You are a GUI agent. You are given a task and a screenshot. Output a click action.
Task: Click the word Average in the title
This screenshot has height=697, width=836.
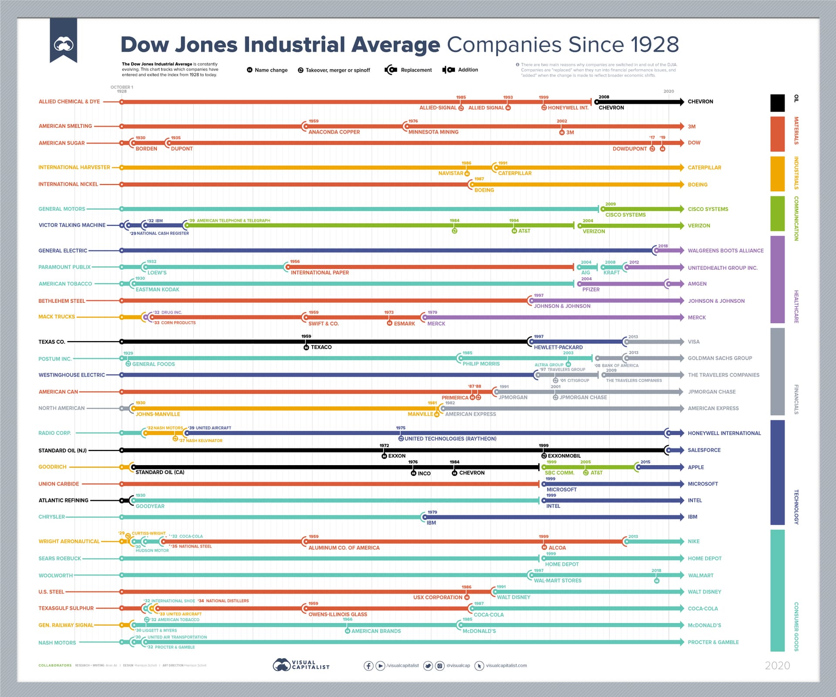(x=396, y=45)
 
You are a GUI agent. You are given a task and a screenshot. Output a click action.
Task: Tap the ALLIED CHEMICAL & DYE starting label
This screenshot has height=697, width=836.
(x=69, y=102)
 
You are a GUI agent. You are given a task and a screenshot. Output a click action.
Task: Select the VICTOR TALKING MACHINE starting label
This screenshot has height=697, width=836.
(x=72, y=225)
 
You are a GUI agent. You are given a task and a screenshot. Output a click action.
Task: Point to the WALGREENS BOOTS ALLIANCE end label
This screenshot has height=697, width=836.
(x=725, y=251)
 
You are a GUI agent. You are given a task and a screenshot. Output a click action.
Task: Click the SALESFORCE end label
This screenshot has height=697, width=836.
(x=704, y=450)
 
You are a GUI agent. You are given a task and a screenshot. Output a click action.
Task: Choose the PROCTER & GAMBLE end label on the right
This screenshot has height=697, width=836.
(x=713, y=642)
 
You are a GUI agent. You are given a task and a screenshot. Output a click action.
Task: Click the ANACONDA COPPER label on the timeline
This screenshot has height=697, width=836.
(x=334, y=132)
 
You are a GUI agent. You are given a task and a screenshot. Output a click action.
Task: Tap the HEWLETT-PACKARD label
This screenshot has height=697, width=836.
(x=558, y=348)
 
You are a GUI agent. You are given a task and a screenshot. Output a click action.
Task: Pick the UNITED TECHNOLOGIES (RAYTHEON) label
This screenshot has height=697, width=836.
(x=450, y=439)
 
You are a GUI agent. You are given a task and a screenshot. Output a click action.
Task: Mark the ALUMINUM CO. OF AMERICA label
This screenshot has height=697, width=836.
(x=344, y=548)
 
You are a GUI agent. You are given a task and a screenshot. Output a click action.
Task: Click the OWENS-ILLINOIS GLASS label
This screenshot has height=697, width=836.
(x=337, y=615)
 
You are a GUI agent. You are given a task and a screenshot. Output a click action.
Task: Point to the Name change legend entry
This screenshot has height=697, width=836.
(x=271, y=70)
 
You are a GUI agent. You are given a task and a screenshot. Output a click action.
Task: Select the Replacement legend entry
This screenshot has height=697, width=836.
(x=416, y=70)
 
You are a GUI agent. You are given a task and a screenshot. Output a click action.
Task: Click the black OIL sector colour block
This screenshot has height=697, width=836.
(x=777, y=103)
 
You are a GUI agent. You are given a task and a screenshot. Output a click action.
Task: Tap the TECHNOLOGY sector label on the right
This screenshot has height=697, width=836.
(x=796, y=507)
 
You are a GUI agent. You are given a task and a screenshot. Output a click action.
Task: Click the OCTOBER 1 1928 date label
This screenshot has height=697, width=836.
(x=122, y=89)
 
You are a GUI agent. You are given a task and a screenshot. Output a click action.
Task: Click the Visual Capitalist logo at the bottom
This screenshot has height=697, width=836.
(x=301, y=665)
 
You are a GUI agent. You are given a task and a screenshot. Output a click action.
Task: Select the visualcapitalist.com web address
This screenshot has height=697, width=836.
(x=506, y=666)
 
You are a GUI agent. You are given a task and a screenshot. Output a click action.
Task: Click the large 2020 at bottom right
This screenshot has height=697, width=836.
(x=777, y=666)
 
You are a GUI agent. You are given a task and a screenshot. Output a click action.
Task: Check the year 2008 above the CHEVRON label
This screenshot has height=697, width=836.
(x=603, y=97)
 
